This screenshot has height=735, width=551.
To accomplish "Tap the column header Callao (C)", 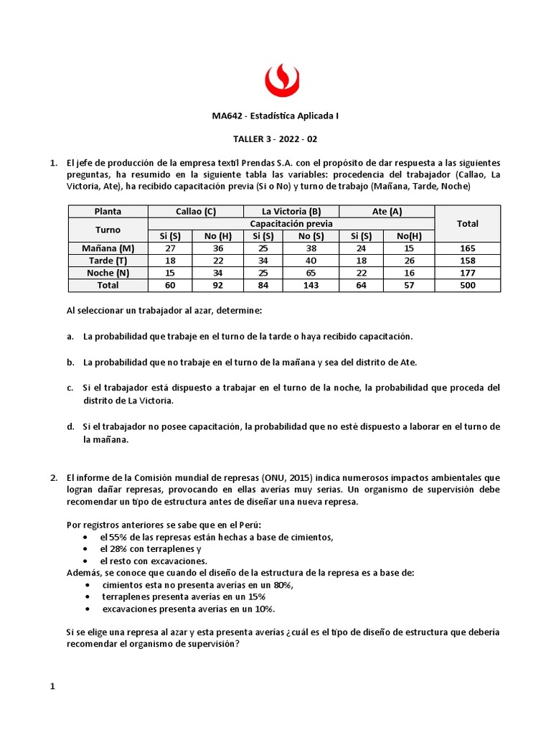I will (x=195, y=211).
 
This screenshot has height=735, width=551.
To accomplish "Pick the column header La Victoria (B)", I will (x=291, y=211).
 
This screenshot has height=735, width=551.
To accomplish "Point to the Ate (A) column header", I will (x=386, y=211).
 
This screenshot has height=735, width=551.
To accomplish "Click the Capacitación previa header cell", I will (x=291, y=223).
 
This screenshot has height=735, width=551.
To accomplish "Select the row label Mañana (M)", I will (x=108, y=248).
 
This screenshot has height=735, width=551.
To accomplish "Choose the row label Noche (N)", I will (x=108, y=272).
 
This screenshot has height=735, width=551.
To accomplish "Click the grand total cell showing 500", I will (x=467, y=285).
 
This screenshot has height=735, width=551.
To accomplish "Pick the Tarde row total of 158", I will (x=467, y=260).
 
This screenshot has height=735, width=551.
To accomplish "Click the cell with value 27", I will (x=171, y=248).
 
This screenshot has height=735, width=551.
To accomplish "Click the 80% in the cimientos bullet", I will (x=282, y=584).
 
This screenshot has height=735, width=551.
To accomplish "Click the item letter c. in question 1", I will (x=70, y=388).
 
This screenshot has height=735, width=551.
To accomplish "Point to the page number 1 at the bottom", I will (x=52, y=687).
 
